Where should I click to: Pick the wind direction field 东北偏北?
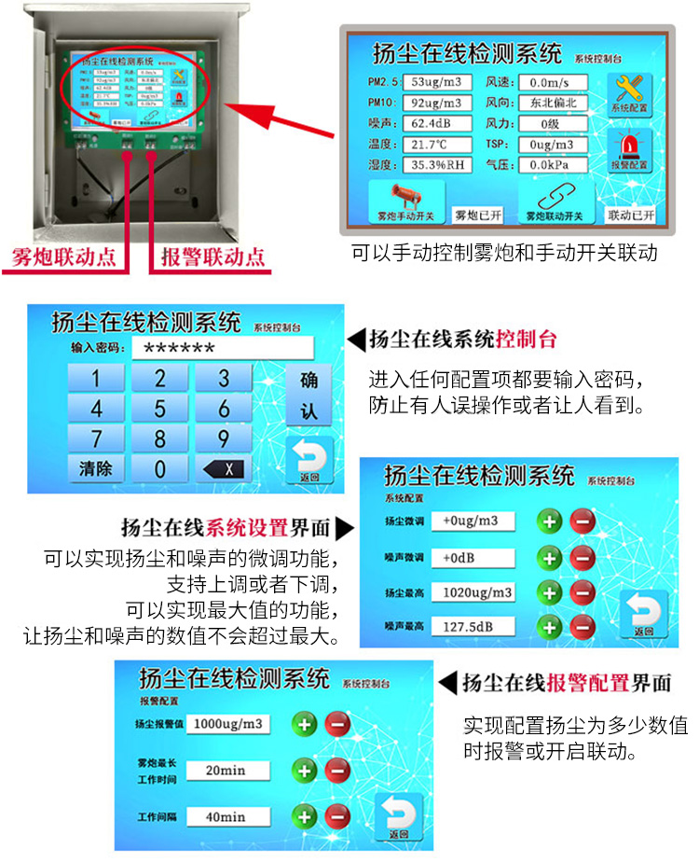(552, 104)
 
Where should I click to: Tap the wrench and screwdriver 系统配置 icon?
(629, 90)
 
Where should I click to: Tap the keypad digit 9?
(223, 438)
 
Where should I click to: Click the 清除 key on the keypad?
(95, 468)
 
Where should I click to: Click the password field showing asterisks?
(220, 348)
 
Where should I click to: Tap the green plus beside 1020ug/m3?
(550, 592)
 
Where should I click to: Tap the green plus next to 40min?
(305, 818)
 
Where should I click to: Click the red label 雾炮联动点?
(64, 256)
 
